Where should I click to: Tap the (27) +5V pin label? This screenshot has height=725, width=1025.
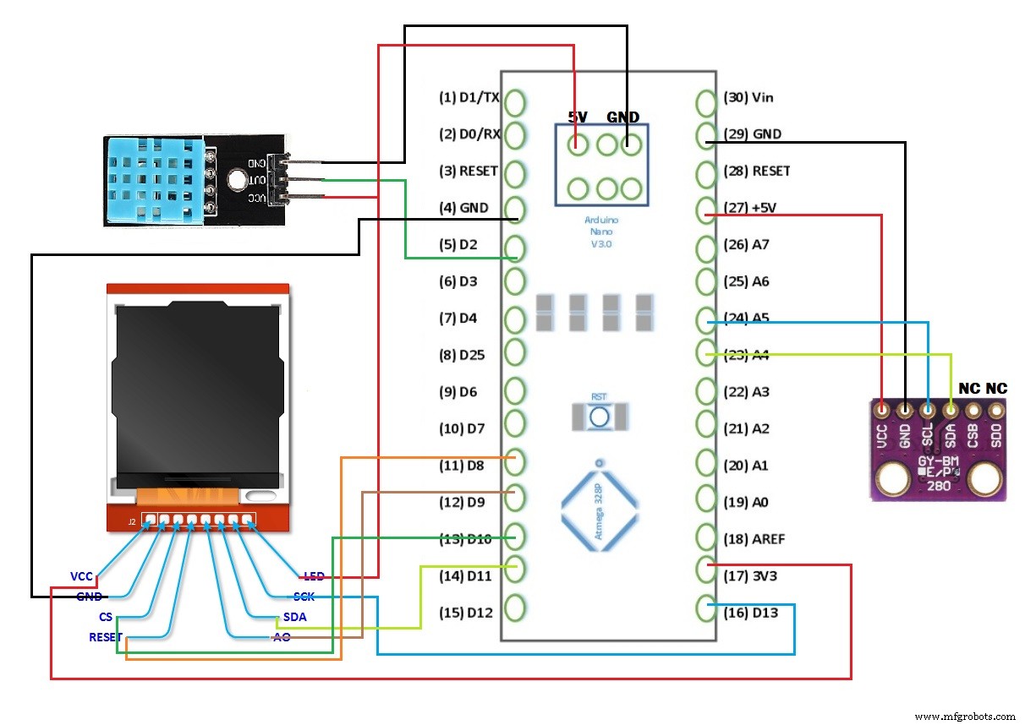[x=748, y=208]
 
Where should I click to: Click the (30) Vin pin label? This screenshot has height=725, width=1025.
[x=748, y=97]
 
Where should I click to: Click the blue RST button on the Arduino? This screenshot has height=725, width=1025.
[x=600, y=416]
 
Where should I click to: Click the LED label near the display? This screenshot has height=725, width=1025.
[x=315, y=576]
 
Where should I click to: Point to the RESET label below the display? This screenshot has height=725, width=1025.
[x=106, y=637]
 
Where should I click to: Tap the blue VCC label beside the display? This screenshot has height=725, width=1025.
[x=81, y=576]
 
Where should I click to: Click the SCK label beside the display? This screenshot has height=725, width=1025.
[x=304, y=597]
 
